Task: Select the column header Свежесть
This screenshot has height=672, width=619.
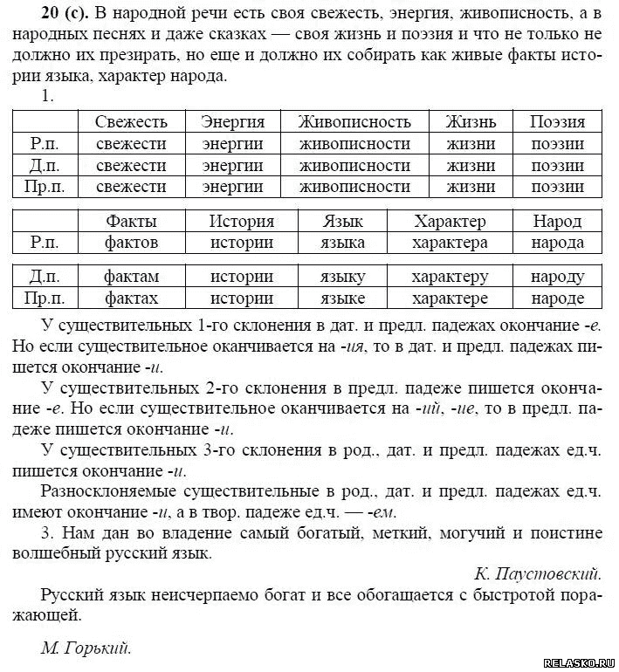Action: [x=131, y=122]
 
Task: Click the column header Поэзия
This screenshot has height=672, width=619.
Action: [x=557, y=122]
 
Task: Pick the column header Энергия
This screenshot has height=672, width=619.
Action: [x=232, y=122]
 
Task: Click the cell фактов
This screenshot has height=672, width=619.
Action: [x=131, y=243]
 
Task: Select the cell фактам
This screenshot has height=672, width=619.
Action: [x=131, y=277]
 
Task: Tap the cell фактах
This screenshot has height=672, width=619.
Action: [x=131, y=298]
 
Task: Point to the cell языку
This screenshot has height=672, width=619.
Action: [x=342, y=277]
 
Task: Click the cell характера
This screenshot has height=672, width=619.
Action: [x=450, y=243]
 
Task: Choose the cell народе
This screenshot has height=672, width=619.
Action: [x=557, y=298]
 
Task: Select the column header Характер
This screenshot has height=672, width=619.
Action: [x=450, y=221]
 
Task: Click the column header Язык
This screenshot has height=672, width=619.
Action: [x=342, y=221]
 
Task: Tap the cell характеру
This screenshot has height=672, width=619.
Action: [x=450, y=277]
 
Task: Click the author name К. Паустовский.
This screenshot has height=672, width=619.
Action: [x=538, y=573]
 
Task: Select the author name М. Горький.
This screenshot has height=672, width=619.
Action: [x=85, y=648]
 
